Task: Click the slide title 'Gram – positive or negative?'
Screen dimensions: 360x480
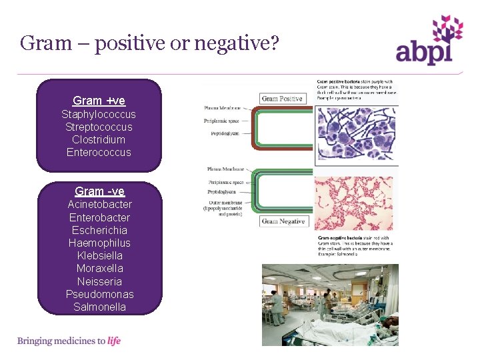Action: [x=149, y=44]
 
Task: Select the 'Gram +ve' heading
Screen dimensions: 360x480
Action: [x=99, y=101]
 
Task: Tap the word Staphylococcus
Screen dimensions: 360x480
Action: [x=99, y=114]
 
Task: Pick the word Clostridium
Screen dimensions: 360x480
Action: [x=99, y=139]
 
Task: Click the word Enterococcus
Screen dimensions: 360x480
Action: [x=99, y=152]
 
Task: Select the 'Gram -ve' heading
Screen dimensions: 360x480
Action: [x=99, y=191]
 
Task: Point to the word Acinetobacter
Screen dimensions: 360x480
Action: [x=99, y=204]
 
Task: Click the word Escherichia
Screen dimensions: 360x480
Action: [x=99, y=230]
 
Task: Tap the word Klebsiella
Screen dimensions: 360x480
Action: [x=99, y=255]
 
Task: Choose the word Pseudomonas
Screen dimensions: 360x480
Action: [x=99, y=294]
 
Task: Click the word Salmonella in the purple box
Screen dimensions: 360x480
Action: [x=99, y=307]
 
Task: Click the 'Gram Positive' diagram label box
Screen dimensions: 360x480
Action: [x=282, y=99]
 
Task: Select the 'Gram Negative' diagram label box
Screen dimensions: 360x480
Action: [x=283, y=221]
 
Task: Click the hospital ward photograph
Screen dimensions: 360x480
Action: [x=330, y=305]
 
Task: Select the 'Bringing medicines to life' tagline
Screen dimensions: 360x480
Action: [x=69, y=341]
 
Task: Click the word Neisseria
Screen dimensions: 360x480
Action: [x=99, y=281]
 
